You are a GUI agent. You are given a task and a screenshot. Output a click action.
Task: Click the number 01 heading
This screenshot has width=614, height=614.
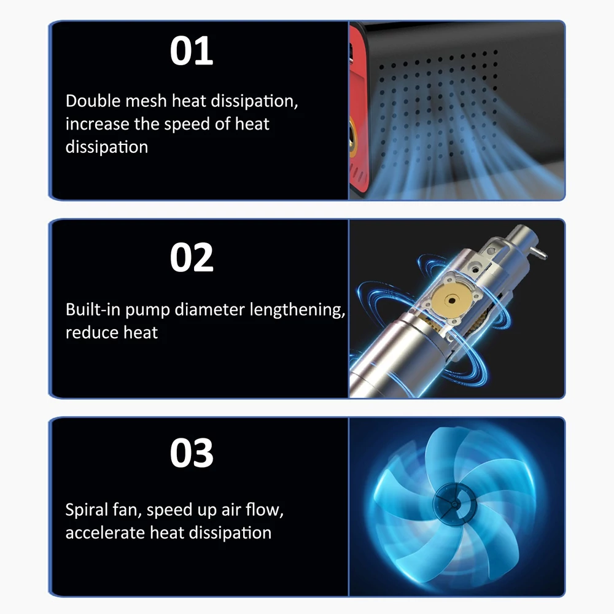pyautogui.click(x=192, y=50)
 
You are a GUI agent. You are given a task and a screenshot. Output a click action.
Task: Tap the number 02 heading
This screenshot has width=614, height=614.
pyautogui.click(x=192, y=257)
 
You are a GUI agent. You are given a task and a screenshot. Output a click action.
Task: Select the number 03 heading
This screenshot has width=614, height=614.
pyautogui.click(x=192, y=453)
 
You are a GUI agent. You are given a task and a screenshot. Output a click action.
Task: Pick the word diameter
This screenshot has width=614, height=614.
pyautogui.click(x=209, y=309)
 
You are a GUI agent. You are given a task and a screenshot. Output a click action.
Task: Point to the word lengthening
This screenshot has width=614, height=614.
pyautogui.click(x=297, y=310)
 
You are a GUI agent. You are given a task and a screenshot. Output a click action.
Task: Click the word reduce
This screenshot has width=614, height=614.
pyautogui.click(x=92, y=332)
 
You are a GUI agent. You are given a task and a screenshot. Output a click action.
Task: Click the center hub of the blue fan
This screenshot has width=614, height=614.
pyautogui.click(x=454, y=503)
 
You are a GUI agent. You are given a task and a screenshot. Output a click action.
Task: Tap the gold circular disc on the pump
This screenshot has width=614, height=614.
pyautogui.click(x=451, y=300)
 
